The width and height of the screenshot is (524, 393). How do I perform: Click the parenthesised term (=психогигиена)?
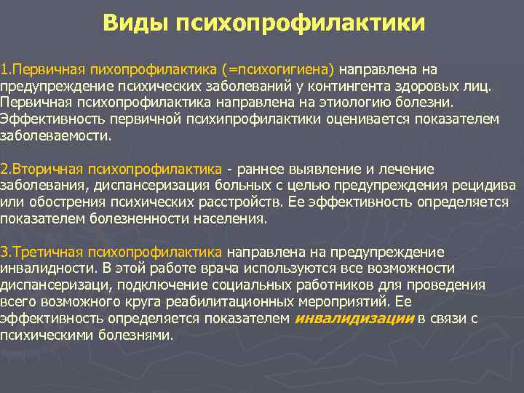click(x=281, y=70)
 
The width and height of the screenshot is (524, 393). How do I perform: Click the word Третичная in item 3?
click(x=45, y=252)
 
